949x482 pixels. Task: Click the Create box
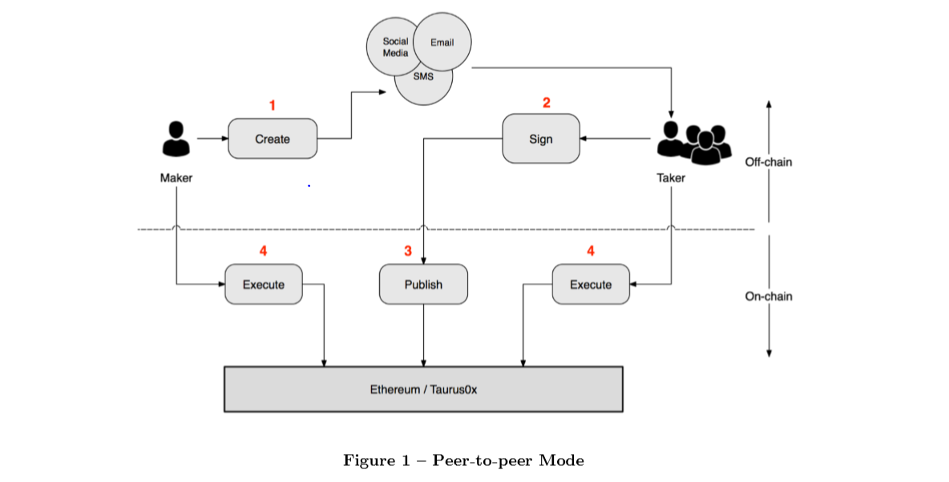tap(273, 139)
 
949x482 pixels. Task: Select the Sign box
tap(541, 139)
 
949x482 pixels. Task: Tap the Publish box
tap(423, 285)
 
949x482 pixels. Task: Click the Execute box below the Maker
tap(264, 285)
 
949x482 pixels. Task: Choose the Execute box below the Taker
tap(591, 285)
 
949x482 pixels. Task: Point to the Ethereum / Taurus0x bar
tap(423, 390)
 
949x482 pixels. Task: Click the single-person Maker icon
tap(176, 139)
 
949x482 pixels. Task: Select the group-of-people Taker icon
tap(694, 142)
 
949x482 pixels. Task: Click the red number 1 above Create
tap(273, 105)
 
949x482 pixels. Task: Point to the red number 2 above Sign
tap(547, 103)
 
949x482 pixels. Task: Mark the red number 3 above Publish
tap(407, 251)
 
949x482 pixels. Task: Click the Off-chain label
tap(768, 162)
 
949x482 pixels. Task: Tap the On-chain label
tap(768, 296)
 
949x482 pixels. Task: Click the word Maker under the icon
tap(176, 178)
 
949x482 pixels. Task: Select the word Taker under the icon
tap(671, 178)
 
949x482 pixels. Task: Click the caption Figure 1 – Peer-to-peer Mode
tap(464, 460)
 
